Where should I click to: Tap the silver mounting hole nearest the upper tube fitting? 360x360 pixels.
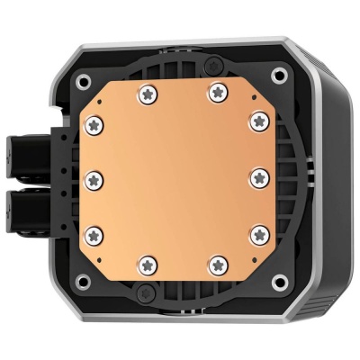click(80, 76)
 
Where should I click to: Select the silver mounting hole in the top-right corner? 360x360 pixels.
click(278, 76)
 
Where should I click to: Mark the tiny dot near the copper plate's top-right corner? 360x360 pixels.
click(253, 98)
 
